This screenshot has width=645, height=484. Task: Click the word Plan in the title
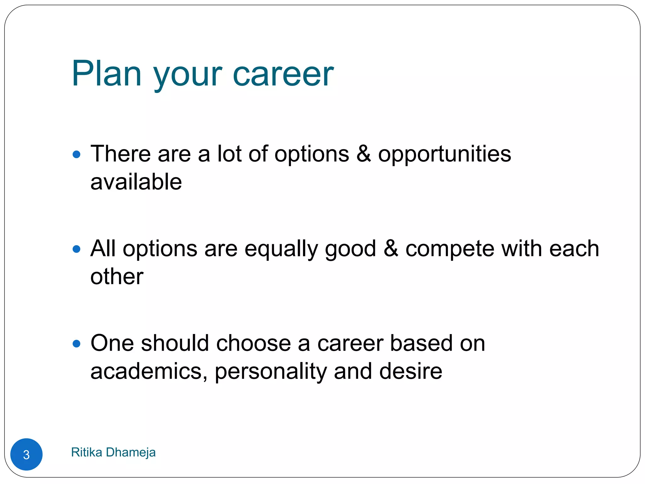pyautogui.click(x=106, y=74)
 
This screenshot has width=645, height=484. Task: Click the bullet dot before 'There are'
pyautogui.click(x=77, y=155)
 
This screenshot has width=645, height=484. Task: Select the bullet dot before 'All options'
pyautogui.click(x=77, y=249)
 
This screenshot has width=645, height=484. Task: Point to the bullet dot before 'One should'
pyautogui.click(x=77, y=343)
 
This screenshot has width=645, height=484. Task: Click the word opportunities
pyautogui.click(x=444, y=154)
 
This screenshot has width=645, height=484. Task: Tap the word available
pyautogui.click(x=136, y=182)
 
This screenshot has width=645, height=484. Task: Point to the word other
pyautogui.click(x=117, y=277)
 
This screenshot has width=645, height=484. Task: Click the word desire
pyautogui.click(x=411, y=371)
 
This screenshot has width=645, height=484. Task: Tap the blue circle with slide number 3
pyautogui.click(x=26, y=454)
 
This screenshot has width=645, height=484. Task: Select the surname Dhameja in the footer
pyautogui.click(x=131, y=452)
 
